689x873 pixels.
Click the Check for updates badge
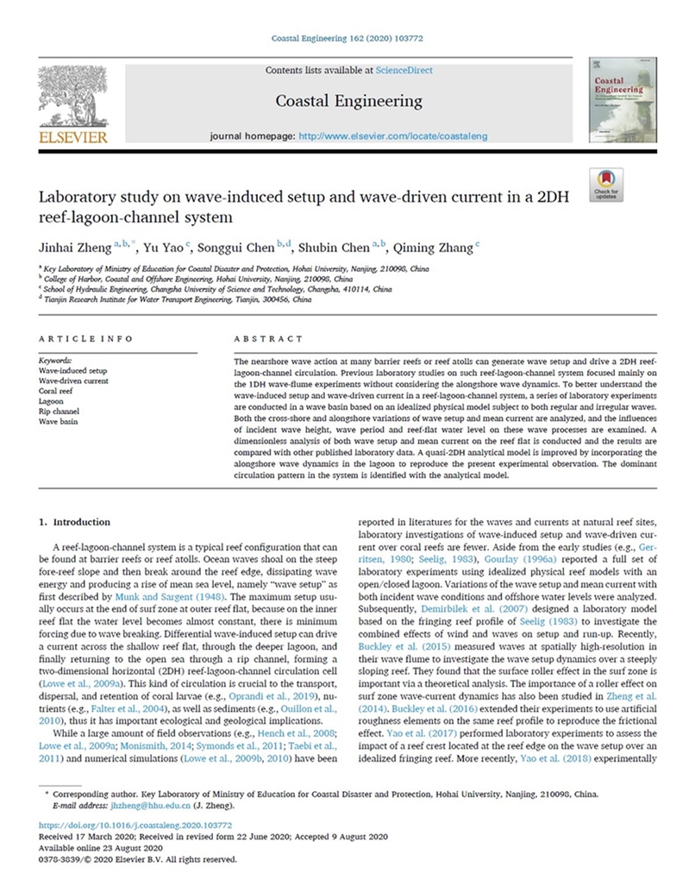(606, 184)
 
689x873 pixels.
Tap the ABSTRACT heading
(268, 339)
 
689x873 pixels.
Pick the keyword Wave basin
(59, 420)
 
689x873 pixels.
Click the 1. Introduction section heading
(76, 522)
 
